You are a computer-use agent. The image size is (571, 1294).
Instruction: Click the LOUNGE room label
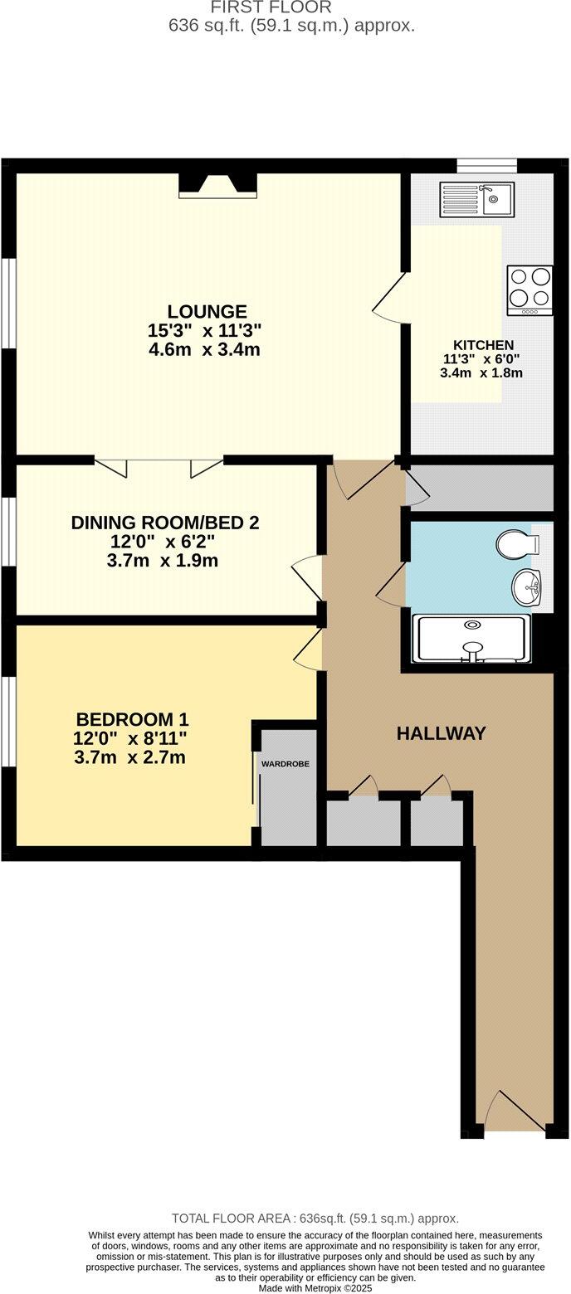tap(207, 312)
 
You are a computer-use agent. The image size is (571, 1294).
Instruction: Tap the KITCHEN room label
tap(483, 345)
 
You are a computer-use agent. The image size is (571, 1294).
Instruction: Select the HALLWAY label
tap(441, 733)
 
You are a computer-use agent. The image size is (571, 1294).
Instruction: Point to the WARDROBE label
tap(285, 763)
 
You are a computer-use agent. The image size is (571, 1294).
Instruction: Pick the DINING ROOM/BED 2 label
tap(164, 523)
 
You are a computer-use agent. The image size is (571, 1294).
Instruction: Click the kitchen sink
tap(476, 199)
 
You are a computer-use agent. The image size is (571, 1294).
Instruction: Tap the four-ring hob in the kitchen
tap(530, 289)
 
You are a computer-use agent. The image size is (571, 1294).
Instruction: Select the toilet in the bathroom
tap(518, 545)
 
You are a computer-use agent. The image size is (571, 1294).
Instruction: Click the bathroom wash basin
tap(526, 588)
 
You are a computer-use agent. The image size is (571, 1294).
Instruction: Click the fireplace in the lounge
tap(217, 186)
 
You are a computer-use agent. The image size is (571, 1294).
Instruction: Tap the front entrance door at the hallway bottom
tap(514, 1111)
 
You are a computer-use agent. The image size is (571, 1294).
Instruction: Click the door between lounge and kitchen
tap(391, 297)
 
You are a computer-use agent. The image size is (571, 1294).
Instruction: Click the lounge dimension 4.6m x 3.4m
tap(204, 349)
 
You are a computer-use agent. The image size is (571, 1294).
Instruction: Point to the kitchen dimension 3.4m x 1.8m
tap(481, 373)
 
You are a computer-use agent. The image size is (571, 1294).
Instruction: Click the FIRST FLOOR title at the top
tap(271, 8)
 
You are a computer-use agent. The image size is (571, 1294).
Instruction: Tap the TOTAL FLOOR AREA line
tap(315, 1219)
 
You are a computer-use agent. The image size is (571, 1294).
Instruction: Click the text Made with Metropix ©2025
tap(315, 1288)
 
